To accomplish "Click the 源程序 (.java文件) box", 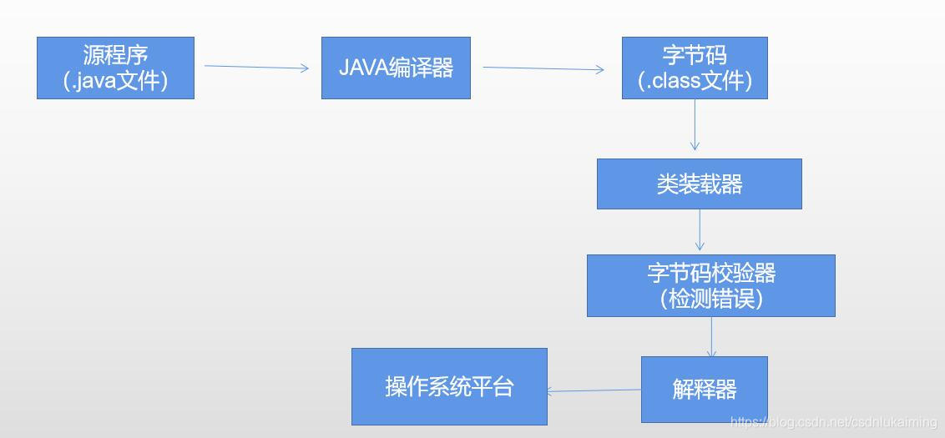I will [x=115, y=68].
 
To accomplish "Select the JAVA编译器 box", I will [x=396, y=68].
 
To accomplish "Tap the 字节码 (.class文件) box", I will [x=695, y=68].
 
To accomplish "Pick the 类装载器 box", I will [x=699, y=184].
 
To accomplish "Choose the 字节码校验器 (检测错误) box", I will [x=710, y=285].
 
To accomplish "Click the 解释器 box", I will [x=704, y=389].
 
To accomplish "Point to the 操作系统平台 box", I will [x=449, y=386].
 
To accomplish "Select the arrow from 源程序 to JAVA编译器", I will [x=256, y=68].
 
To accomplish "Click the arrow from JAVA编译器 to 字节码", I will [x=543, y=69].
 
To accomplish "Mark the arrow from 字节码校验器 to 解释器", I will [x=712, y=336].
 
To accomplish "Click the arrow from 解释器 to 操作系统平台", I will [x=594, y=390].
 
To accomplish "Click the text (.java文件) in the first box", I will [x=116, y=81].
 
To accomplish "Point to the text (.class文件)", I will [x=695, y=81].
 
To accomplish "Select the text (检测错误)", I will [x=711, y=299].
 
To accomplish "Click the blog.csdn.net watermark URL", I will [x=833, y=423].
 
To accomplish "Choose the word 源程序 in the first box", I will [x=115, y=55].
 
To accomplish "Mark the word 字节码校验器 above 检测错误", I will [x=711, y=273].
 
